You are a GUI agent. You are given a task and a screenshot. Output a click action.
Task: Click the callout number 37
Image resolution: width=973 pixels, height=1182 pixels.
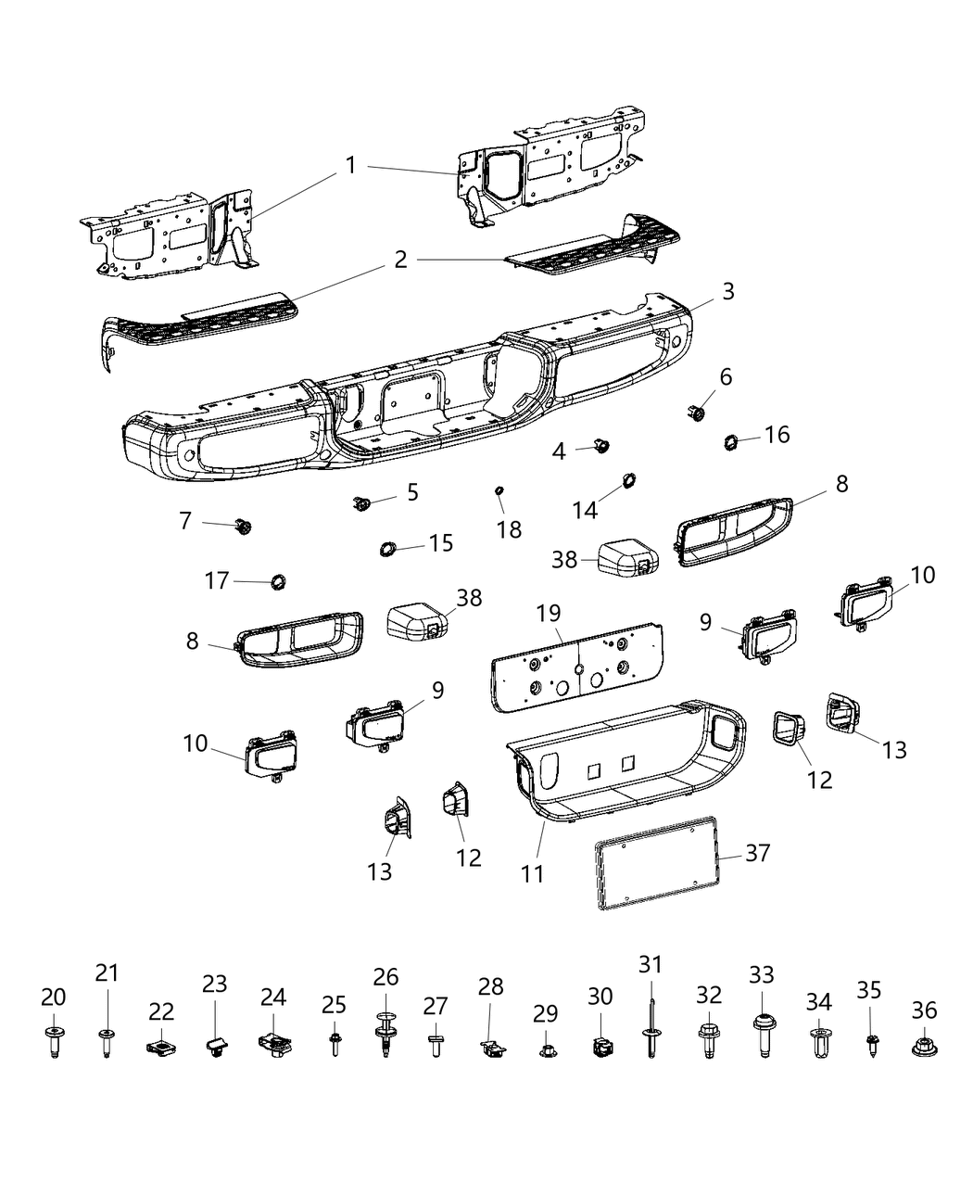click(757, 853)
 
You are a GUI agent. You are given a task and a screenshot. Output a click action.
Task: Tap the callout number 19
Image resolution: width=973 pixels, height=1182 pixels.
click(548, 613)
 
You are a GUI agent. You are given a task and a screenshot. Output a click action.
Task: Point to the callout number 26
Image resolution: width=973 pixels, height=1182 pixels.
click(385, 977)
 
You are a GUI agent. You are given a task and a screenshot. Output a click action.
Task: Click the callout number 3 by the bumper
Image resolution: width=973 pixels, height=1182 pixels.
click(728, 291)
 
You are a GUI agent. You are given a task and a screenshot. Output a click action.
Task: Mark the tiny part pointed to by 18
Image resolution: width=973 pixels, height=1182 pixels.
click(499, 489)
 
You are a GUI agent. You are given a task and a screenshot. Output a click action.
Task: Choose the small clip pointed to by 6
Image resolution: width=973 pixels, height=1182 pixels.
click(697, 413)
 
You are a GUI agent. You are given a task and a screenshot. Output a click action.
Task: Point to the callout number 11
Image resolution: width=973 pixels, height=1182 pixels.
click(532, 873)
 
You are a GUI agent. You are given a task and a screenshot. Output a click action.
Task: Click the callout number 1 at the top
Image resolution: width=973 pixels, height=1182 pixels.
click(350, 166)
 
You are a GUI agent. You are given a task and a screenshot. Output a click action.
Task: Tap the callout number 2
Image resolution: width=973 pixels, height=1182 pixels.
click(399, 259)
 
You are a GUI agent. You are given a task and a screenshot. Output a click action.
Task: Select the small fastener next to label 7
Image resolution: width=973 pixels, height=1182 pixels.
click(244, 527)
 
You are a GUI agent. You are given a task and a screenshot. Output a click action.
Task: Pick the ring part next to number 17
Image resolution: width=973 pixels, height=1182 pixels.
click(276, 581)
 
